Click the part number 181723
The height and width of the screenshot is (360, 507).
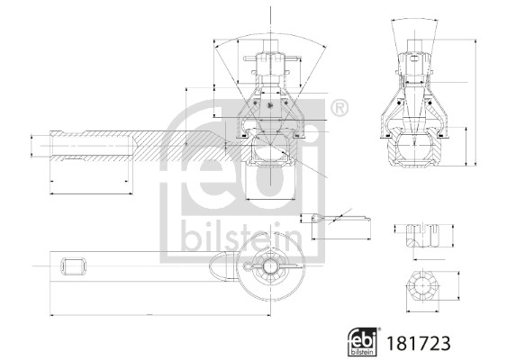(x=419, y=344)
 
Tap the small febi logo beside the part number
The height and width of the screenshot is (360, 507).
(x=363, y=342)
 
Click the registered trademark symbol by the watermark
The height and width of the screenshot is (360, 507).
(x=340, y=109)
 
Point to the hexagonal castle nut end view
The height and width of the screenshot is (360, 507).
(x=422, y=286)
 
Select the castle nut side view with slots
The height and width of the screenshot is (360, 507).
(x=423, y=235)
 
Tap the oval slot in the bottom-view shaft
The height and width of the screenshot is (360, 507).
(x=74, y=266)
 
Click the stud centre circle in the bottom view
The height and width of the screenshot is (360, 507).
(x=269, y=266)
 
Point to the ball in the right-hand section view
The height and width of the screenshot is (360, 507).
(x=414, y=145)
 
